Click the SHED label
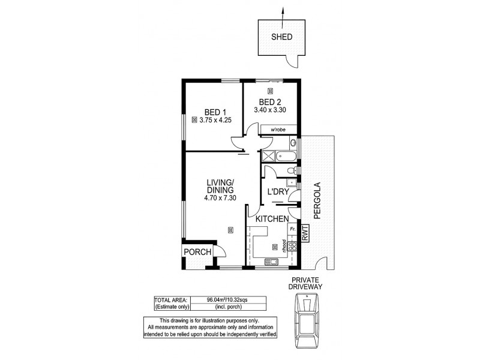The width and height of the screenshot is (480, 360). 282,37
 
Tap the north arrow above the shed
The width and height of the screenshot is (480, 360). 282,13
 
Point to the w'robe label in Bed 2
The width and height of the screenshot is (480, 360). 277,130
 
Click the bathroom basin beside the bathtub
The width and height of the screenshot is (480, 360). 293,143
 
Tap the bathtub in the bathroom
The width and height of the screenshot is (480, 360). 285,156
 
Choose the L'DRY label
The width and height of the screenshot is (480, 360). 278,192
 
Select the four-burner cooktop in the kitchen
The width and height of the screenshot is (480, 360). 293,246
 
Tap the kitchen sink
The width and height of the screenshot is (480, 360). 272,261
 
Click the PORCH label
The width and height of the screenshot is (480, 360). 197,252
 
